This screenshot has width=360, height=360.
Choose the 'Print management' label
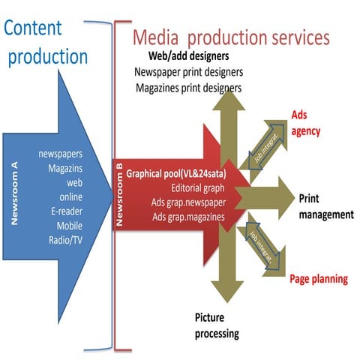click(x=325, y=206)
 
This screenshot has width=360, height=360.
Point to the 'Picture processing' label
click(x=217, y=325)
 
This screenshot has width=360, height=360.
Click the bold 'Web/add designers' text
click(x=187, y=57)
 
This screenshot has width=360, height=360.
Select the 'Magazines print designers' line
click(x=188, y=87)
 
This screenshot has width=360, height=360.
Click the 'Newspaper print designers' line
click(x=187, y=72)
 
